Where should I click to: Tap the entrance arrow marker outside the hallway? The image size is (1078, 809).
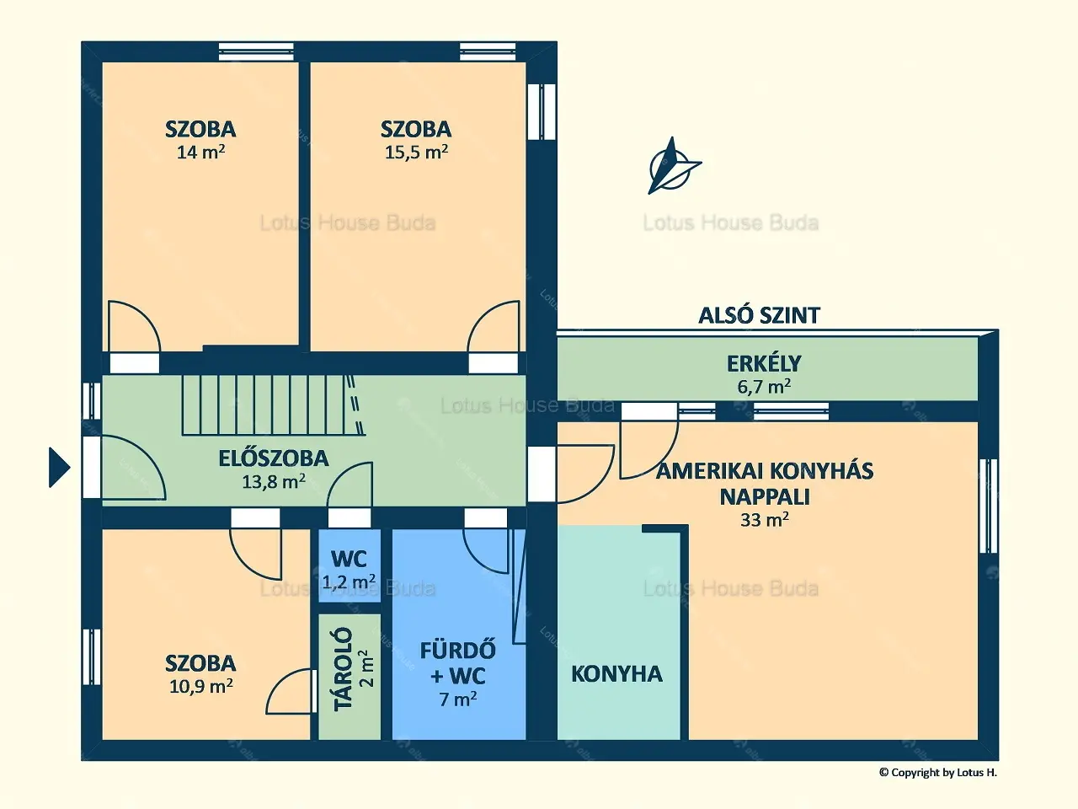pyautogui.click(x=60, y=467)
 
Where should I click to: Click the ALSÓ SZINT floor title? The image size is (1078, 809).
pyautogui.click(x=760, y=315)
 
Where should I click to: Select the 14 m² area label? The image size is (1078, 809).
pyautogui.click(x=201, y=152)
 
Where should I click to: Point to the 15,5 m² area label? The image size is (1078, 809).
pyautogui.click(x=416, y=152)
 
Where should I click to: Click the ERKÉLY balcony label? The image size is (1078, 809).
pyautogui.click(x=764, y=363)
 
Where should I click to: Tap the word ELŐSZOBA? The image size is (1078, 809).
pyautogui.click(x=274, y=458)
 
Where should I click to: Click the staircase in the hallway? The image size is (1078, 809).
pyautogui.click(x=274, y=405)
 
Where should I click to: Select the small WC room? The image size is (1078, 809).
pyautogui.click(x=350, y=565)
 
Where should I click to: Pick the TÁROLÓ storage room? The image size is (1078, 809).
pyautogui.click(x=350, y=677)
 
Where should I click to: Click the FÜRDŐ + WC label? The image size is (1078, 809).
pyautogui.click(x=457, y=663)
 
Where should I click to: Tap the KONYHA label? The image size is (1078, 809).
pyautogui.click(x=616, y=674)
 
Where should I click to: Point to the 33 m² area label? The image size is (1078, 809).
pyautogui.click(x=765, y=520)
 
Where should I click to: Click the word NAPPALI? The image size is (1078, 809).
pyautogui.click(x=765, y=497)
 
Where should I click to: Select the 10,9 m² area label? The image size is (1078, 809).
pyautogui.click(x=201, y=686)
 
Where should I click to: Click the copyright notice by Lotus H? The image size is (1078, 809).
pyautogui.click(x=938, y=773)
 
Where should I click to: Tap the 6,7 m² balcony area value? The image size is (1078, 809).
pyautogui.click(x=764, y=387)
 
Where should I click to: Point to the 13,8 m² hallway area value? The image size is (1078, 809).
pyautogui.click(x=274, y=481)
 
